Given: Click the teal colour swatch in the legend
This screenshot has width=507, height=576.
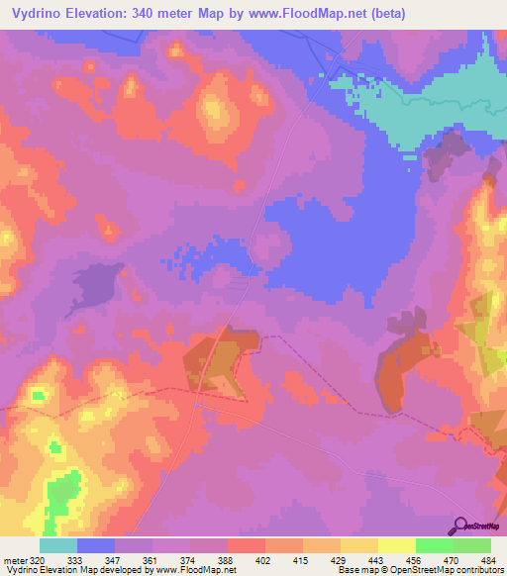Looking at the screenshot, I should [x=57, y=545].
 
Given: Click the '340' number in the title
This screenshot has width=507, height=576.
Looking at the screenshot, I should [x=149, y=14].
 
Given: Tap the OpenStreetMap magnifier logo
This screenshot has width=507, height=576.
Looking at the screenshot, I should [x=459, y=526].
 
